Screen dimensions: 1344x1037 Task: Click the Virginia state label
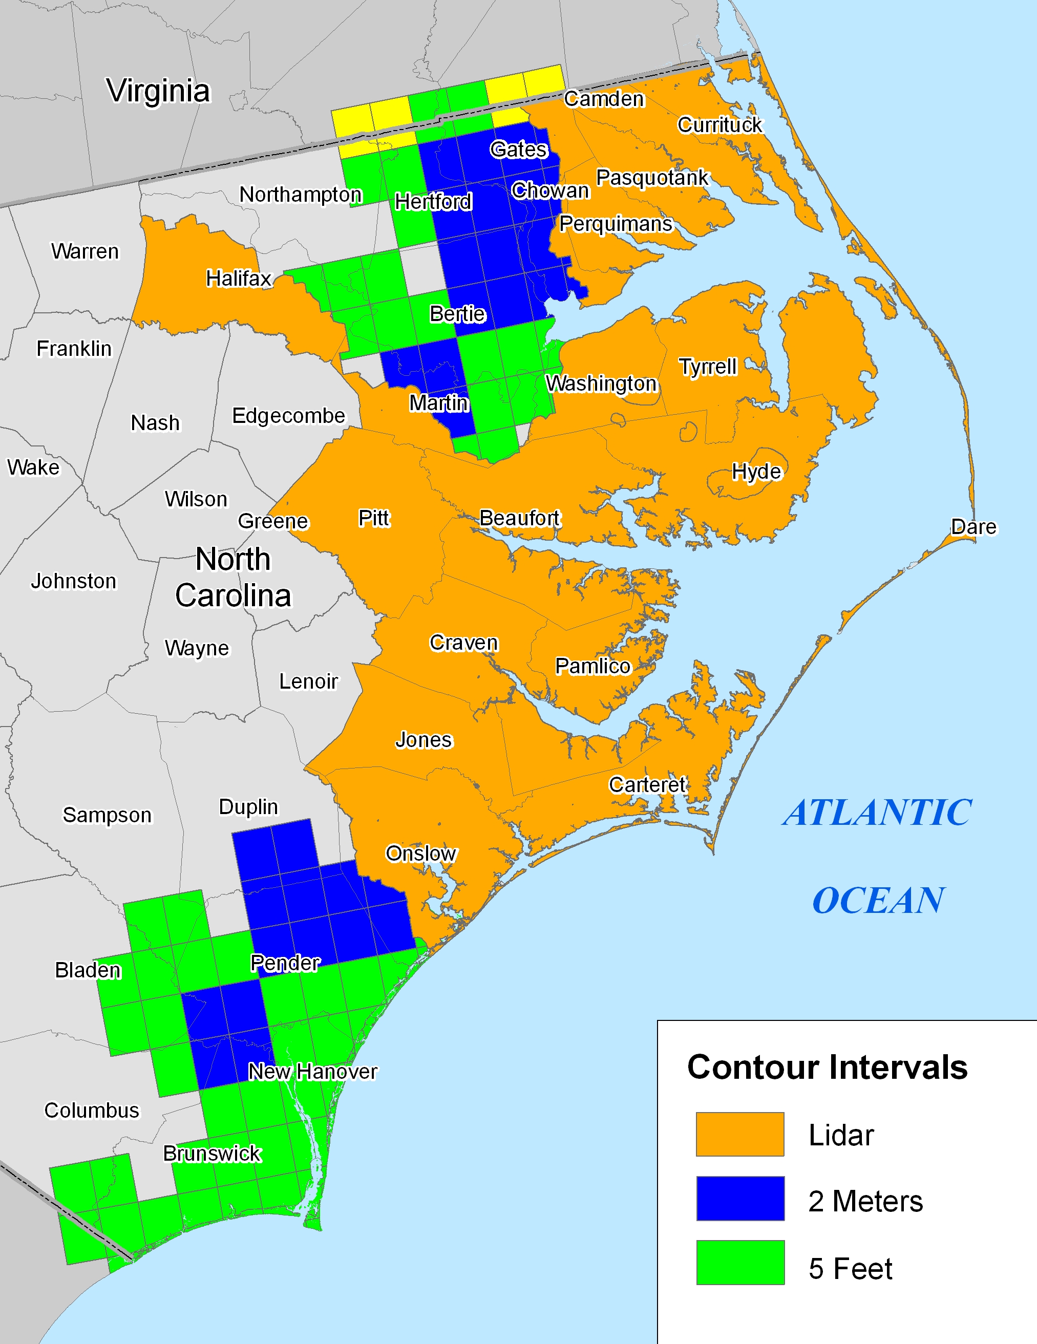[158, 91]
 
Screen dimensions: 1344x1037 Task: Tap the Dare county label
[973, 527]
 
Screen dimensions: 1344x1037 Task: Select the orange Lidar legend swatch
[740, 1134]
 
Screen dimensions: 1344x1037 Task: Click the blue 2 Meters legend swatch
[740, 1198]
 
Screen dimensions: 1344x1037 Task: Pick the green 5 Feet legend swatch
[740, 1262]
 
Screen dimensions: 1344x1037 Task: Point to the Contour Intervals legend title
[827, 1067]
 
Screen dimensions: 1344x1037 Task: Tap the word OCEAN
[878, 901]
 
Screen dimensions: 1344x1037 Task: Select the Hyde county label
[756, 472]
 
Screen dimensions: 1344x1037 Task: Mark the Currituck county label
[719, 125]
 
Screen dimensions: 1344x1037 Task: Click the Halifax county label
[239, 278]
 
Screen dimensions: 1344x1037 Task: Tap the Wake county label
[33, 467]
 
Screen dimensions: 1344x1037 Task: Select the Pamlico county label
[592, 666]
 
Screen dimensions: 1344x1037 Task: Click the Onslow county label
[421, 854]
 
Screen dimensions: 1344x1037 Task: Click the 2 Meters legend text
[865, 1201]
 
